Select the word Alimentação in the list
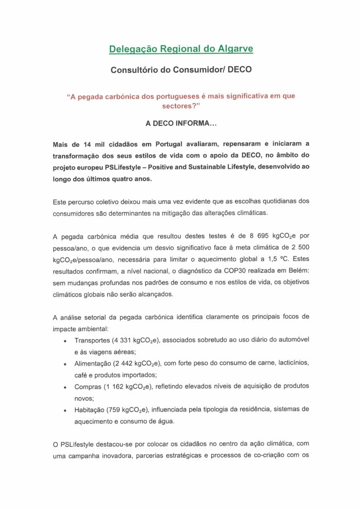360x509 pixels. [93, 363]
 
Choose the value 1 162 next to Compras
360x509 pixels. [119, 386]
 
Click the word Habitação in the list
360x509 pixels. [90, 409]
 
